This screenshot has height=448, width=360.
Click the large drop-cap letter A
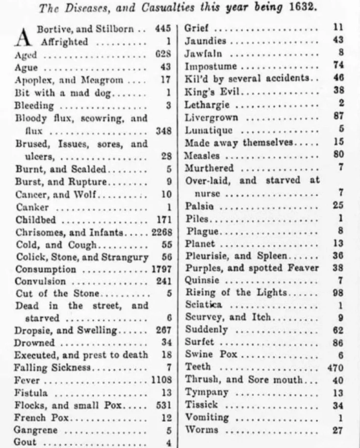pyautogui.click(x=23, y=35)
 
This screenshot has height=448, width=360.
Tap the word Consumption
pyautogui.click(x=46, y=270)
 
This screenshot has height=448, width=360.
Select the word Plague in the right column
pyautogui.click(x=202, y=231)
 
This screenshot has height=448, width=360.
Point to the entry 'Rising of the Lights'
pyautogui.click(x=235, y=293)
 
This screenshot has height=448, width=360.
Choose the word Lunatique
pyautogui.click(x=208, y=130)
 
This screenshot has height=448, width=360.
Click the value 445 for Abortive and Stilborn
pyautogui.click(x=163, y=29)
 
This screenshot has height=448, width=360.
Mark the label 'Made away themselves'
pyautogui.click(x=239, y=143)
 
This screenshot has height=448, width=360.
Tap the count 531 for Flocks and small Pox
pyautogui.click(x=164, y=405)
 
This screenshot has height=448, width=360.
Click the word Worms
pyautogui.click(x=202, y=430)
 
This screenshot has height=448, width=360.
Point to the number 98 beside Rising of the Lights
pyautogui.click(x=338, y=293)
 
